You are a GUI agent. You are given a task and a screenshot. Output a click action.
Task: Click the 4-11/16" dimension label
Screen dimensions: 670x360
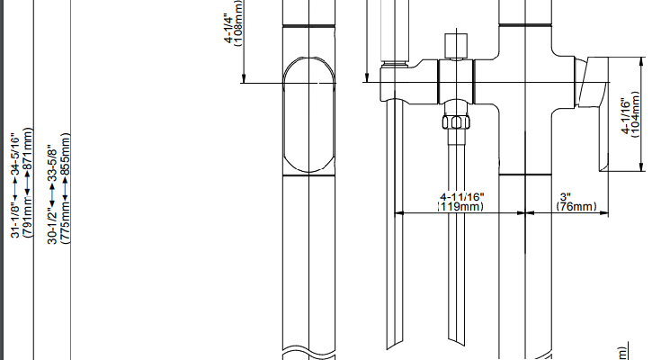click(x=462, y=197)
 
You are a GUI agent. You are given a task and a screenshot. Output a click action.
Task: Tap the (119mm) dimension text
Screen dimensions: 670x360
click(x=460, y=206)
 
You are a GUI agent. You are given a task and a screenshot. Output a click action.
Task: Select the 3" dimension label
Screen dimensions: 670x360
click(x=566, y=197)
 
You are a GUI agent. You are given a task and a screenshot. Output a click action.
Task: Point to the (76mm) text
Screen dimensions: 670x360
click(x=576, y=206)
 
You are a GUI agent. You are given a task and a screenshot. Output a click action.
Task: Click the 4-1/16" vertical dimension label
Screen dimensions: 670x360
click(x=626, y=115)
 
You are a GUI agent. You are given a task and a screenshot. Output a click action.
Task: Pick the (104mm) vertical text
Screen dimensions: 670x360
click(x=636, y=114)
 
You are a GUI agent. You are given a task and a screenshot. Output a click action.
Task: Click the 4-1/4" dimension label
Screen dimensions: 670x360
click(x=228, y=29)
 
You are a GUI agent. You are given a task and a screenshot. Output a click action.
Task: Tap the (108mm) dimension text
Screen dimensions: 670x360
click(x=238, y=23)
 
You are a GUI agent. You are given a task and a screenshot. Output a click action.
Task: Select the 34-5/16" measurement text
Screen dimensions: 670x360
click(x=15, y=153)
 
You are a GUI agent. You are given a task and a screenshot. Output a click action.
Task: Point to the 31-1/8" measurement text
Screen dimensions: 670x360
click(x=15, y=220)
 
